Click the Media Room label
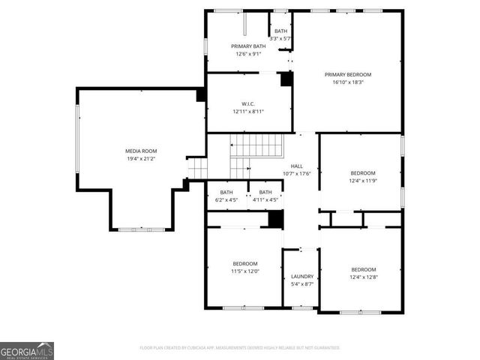point(140,151)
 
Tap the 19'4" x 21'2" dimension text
point(140,159)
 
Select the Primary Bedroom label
point(347,74)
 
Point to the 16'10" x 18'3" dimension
point(347,82)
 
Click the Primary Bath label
point(248,46)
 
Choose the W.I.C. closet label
point(248,103)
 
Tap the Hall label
point(296,166)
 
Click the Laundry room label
point(301,276)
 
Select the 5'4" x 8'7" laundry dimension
point(301,284)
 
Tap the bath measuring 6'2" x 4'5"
point(226,196)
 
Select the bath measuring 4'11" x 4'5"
point(265,196)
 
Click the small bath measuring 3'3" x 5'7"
point(280,34)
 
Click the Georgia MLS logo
point(27,350)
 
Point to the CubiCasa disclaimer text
point(240,348)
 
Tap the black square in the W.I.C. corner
point(286,79)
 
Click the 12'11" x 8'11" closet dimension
point(248,112)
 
